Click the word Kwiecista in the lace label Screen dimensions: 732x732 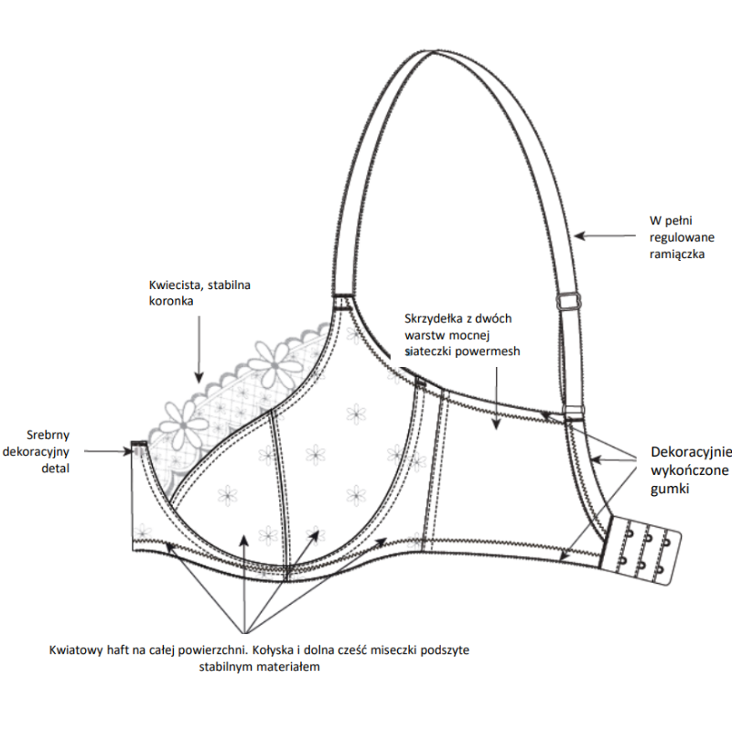[x=172, y=285]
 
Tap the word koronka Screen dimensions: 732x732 [x=170, y=300]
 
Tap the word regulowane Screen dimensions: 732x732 [x=678, y=237]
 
